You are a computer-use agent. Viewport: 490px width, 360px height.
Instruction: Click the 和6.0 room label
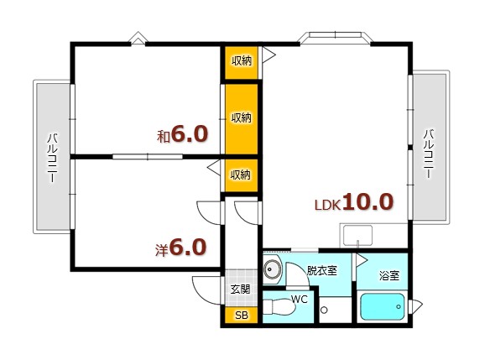(181, 134)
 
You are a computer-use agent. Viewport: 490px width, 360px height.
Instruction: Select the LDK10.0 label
(353, 202)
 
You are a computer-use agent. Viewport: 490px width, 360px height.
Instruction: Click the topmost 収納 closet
(241, 61)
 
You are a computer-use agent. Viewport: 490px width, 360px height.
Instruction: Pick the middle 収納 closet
(241, 117)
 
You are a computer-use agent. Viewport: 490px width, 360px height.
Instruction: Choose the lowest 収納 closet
(241, 175)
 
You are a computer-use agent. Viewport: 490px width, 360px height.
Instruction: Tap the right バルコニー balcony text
(428, 153)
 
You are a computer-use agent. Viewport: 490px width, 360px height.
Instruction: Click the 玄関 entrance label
(240, 290)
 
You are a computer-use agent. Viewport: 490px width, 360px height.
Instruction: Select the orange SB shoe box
(241, 316)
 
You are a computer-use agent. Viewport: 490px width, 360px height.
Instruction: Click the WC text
(300, 298)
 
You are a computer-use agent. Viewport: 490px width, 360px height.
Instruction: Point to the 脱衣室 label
(321, 271)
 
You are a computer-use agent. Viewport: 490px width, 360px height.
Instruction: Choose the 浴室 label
(388, 274)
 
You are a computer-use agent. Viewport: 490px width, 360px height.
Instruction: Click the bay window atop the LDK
(335, 38)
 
